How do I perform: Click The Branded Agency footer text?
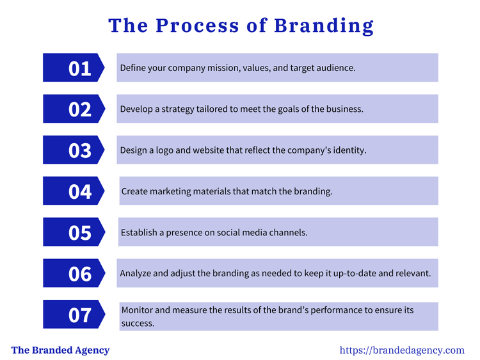[60, 350]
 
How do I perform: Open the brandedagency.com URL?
[401, 350]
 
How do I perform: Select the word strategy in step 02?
[179, 109]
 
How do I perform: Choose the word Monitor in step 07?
[137, 310]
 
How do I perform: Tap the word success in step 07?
[138, 323]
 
